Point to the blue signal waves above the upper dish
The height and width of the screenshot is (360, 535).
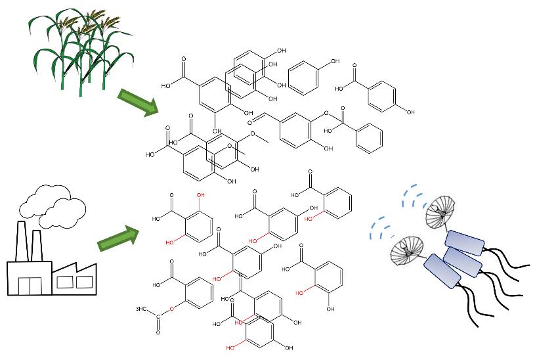[415, 191]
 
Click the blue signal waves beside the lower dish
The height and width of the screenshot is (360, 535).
[379, 227]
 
